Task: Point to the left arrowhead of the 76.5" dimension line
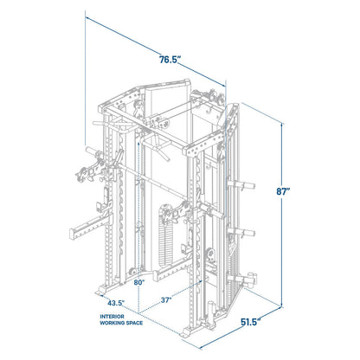click(87, 17)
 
